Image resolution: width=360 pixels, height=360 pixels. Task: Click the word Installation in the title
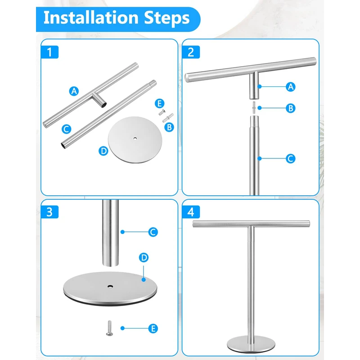tap(91, 18)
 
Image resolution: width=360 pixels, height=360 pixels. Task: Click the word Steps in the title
tap(167, 18)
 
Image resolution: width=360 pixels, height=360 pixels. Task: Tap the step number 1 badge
tap(49, 52)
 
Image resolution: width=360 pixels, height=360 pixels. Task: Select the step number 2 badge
tap(191, 52)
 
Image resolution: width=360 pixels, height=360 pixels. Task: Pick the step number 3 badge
tap(49, 212)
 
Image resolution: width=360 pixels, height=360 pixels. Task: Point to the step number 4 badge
tap(191, 212)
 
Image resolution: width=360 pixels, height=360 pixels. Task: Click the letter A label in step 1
tap(74, 91)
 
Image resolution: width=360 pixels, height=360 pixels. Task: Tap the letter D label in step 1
tap(103, 151)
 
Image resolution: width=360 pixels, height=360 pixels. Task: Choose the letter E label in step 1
tap(160, 103)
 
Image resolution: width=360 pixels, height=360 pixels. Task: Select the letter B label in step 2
tap(291, 108)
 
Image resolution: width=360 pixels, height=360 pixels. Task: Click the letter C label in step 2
tap(291, 159)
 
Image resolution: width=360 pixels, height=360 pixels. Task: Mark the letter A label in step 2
tap(291, 87)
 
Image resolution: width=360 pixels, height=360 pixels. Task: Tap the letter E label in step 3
tap(153, 328)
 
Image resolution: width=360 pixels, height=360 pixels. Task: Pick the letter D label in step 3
tap(144, 257)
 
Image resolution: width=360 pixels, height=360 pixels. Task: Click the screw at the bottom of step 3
tap(109, 328)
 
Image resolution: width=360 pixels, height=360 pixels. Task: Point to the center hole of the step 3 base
tap(110, 287)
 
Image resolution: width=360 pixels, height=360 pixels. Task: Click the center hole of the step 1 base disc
tap(135, 139)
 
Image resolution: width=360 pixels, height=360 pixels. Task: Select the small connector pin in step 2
tap(254, 108)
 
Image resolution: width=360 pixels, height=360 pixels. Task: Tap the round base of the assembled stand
tap(251, 345)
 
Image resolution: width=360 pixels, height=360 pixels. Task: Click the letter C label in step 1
tap(66, 129)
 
